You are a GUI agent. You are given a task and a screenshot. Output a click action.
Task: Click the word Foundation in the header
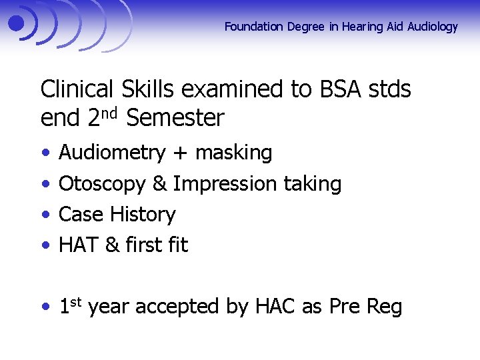point(254,27)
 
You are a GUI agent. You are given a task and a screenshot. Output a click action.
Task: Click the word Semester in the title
point(175,119)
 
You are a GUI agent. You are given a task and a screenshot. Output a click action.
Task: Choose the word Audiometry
point(111,153)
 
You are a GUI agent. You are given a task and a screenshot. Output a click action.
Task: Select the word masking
point(233,153)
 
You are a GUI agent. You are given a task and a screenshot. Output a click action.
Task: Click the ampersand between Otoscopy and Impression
point(159,183)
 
